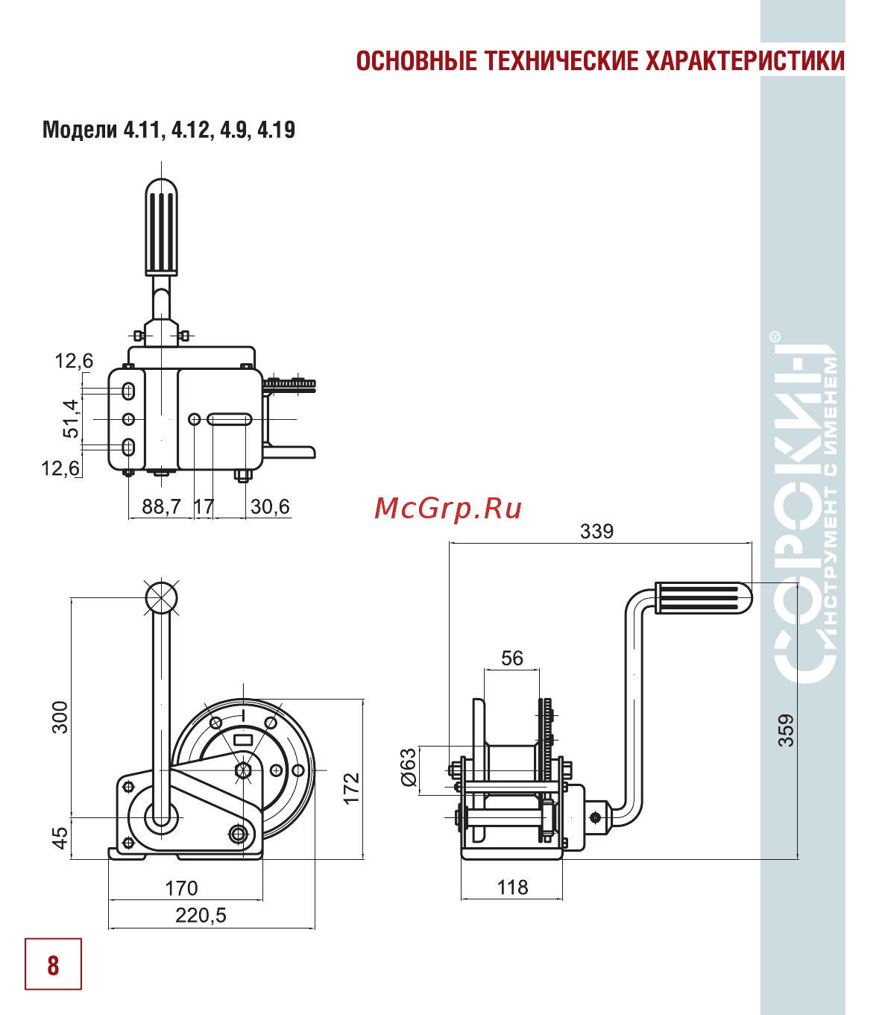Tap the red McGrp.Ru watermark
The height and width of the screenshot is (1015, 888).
point(447,509)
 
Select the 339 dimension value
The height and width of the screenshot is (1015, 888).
point(596,531)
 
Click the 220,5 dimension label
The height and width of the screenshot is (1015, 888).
point(201,915)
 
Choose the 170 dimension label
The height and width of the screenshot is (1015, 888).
point(181,888)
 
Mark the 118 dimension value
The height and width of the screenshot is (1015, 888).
point(513,887)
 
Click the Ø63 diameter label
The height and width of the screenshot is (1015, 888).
point(409,767)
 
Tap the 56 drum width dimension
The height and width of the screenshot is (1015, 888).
point(511,659)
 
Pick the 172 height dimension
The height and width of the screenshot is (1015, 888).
point(351,788)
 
